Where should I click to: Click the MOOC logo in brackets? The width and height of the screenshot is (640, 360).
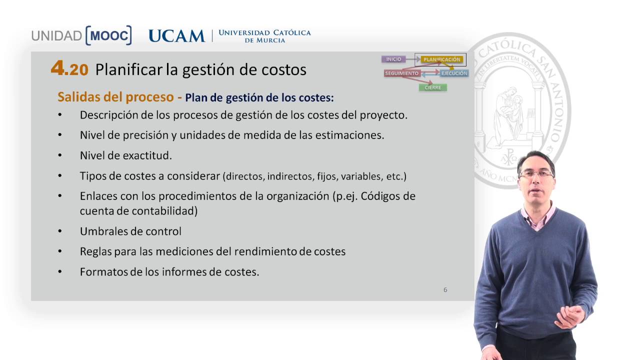[x=108, y=35]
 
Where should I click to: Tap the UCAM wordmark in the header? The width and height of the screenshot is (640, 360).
[x=176, y=36]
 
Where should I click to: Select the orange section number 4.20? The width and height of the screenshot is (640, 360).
[x=69, y=69]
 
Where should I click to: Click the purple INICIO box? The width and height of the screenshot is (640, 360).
[x=393, y=59]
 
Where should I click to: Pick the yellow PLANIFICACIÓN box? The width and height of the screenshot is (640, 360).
[x=441, y=60]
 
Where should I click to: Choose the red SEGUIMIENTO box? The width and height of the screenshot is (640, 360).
[x=401, y=73]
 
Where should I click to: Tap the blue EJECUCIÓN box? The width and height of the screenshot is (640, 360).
[x=454, y=73]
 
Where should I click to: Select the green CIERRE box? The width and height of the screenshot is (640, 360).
[x=432, y=87]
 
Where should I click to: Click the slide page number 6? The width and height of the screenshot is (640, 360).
[x=445, y=290]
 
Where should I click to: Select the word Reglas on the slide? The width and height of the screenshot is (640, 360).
[x=95, y=251]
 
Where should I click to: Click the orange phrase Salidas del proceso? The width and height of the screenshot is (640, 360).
[x=116, y=96]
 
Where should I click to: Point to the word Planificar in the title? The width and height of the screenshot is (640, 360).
[x=128, y=69]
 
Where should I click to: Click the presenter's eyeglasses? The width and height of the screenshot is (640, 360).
[x=536, y=174]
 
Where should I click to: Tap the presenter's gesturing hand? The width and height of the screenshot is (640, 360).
[x=570, y=316]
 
